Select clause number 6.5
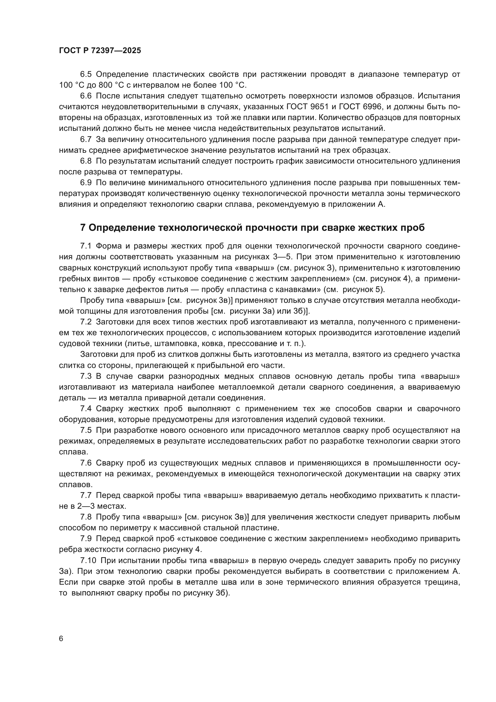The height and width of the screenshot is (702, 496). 86,74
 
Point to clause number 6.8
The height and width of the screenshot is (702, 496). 86,161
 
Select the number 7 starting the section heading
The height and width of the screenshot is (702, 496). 82,228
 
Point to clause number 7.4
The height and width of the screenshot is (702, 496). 86,408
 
